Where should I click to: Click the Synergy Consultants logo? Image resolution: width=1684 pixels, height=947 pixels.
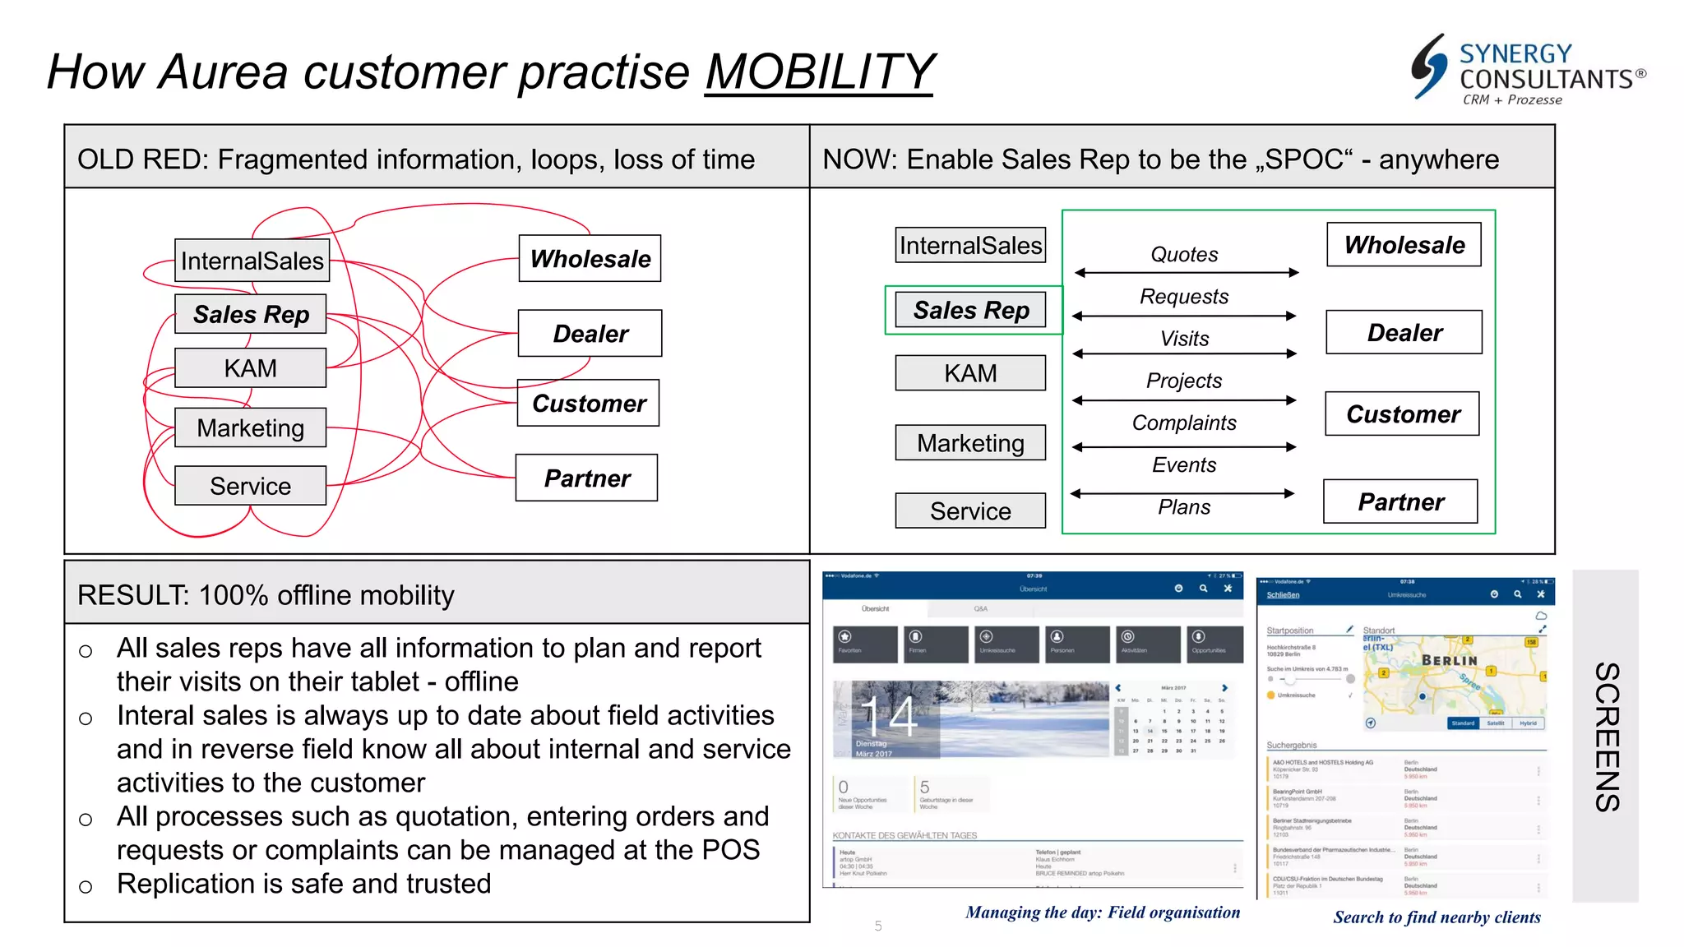tap(1528, 70)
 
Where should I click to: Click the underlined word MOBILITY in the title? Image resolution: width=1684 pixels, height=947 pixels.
tap(819, 72)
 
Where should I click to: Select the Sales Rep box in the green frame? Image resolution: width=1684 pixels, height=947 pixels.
tap(970, 310)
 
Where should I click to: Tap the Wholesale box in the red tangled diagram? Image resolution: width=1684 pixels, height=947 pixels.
tap(590, 259)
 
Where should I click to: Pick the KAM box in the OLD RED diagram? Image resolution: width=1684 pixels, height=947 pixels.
tap(250, 368)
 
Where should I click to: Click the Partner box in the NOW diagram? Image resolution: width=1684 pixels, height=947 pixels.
tap(1400, 501)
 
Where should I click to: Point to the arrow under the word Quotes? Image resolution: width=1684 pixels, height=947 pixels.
tap(1186, 272)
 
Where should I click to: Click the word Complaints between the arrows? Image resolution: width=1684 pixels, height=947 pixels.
tap(1184, 423)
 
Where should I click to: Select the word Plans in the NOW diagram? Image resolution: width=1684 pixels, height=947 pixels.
tap(1184, 507)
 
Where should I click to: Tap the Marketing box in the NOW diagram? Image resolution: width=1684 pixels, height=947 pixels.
tap(970, 443)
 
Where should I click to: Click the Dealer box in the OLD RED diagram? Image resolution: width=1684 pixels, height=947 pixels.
tap(590, 334)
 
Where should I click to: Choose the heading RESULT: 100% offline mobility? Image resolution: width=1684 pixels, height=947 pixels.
tap(266, 595)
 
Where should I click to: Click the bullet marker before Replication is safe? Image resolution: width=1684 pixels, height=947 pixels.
tap(86, 887)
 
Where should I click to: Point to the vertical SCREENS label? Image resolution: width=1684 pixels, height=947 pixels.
tap(1606, 737)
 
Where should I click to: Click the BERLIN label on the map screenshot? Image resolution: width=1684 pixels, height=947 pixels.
tap(1449, 660)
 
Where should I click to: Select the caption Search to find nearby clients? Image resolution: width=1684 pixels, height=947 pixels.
tap(1436, 917)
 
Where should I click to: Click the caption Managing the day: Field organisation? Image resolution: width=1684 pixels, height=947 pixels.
tap(1102, 912)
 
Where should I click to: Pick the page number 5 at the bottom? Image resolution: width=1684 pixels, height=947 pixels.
tap(878, 926)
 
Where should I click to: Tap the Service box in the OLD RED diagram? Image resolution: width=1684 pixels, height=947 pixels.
tap(250, 486)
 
